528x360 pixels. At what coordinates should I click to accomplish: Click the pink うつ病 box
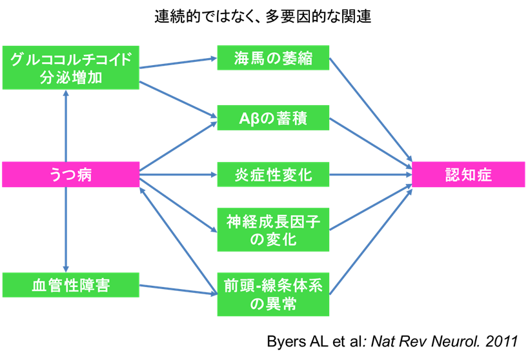coord(71,175)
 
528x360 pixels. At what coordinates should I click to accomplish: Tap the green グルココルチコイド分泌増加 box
coord(71,68)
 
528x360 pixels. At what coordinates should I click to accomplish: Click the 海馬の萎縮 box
coord(274,59)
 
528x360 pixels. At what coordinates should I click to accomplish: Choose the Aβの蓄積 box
coord(274,118)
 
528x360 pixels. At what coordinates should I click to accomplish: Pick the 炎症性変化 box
coord(274,175)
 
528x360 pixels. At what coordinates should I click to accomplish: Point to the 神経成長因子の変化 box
coord(274,230)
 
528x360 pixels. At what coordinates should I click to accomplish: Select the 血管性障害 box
coord(71,285)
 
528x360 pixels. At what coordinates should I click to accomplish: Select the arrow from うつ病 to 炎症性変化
coord(178,175)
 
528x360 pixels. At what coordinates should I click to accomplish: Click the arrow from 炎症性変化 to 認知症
coord(371,175)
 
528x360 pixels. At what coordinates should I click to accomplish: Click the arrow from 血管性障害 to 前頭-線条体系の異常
coord(178,289)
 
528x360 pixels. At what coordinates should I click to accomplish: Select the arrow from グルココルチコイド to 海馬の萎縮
coord(178,63)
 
